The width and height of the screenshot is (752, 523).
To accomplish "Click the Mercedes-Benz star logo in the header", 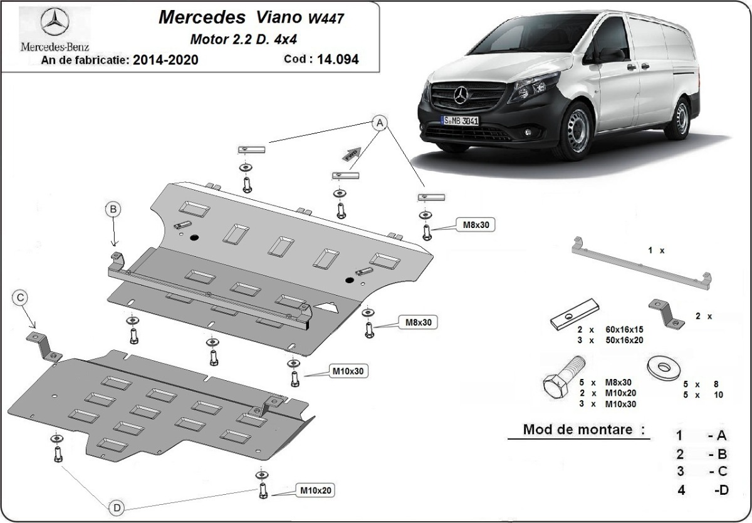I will click(x=54, y=23).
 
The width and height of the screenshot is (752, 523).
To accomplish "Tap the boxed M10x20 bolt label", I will click(x=316, y=490).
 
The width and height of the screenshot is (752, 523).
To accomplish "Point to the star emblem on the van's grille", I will click(x=462, y=95).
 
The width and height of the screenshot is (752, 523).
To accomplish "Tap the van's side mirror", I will click(x=612, y=55).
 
